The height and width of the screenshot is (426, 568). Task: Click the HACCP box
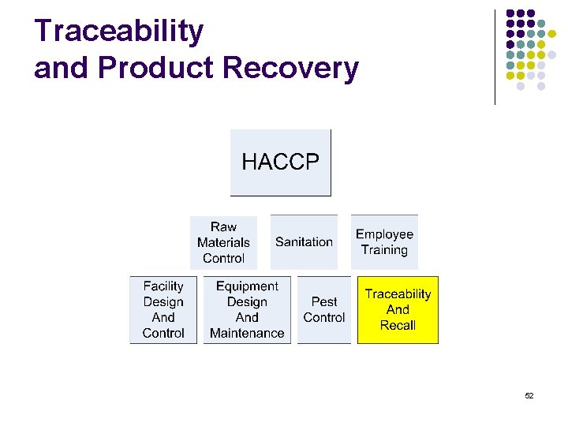pyautogui.click(x=280, y=163)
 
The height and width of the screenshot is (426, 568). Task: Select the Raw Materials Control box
pyautogui.click(x=223, y=242)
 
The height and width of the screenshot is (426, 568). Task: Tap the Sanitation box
pyautogui.click(x=304, y=242)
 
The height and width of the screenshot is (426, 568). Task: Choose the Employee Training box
pyautogui.click(x=384, y=242)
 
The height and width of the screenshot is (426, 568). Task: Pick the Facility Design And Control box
pyautogui.click(x=163, y=309)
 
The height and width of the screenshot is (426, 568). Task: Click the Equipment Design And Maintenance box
pyautogui.click(x=247, y=309)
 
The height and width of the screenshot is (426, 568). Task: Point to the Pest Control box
pyautogui.click(x=323, y=309)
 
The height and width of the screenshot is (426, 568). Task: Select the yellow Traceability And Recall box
pyautogui.click(x=398, y=309)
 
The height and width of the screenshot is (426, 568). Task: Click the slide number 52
pyautogui.click(x=529, y=395)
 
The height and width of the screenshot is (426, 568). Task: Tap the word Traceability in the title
pyautogui.click(x=119, y=32)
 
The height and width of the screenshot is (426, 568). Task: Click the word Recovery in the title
pyautogui.click(x=291, y=69)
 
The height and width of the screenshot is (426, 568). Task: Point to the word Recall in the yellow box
pyautogui.click(x=398, y=325)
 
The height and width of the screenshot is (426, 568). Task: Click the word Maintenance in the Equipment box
pyautogui.click(x=247, y=333)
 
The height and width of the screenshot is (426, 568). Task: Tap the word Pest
pyautogui.click(x=323, y=301)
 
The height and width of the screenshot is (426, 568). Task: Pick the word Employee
pyautogui.click(x=384, y=234)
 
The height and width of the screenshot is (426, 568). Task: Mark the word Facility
pyautogui.click(x=163, y=286)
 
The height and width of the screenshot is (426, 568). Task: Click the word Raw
pyautogui.click(x=223, y=226)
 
